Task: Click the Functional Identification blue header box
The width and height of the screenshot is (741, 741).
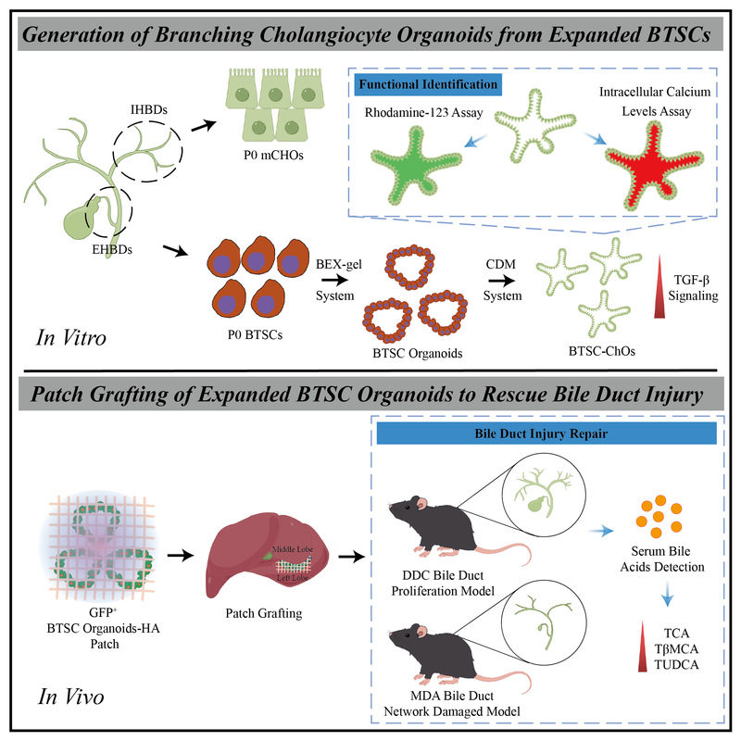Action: pyautogui.click(x=428, y=84)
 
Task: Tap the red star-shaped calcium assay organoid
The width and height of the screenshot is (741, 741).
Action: pyautogui.click(x=654, y=166)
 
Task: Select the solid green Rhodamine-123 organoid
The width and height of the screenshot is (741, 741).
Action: pyautogui.click(x=415, y=166)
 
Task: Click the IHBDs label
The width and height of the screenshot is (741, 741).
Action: pyautogui.click(x=149, y=109)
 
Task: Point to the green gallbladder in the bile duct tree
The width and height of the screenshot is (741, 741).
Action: pyautogui.click(x=81, y=220)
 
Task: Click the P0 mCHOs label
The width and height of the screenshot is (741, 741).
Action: pyautogui.click(x=273, y=155)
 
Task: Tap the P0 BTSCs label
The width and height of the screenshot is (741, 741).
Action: pyautogui.click(x=255, y=334)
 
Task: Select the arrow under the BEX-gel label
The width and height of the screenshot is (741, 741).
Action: pyautogui.click(x=334, y=280)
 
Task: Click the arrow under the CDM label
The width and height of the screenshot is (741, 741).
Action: pyautogui.click(x=502, y=281)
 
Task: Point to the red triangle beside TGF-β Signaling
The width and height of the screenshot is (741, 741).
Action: pyautogui.click(x=659, y=286)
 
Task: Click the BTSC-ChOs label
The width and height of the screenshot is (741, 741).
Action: pyautogui.click(x=601, y=351)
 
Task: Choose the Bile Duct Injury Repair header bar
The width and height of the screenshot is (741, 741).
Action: pyautogui.click(x=546, y=433)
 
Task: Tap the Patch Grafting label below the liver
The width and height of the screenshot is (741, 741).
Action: pyautogui.click(x=264, y=613)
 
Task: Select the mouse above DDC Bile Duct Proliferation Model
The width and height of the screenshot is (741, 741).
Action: pyautogui.click(x=456, y=529)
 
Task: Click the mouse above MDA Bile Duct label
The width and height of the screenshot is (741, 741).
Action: pyautogui.click(x=456, y=657)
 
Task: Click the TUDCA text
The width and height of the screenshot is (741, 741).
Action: pyautogui.click(x=676, y=664)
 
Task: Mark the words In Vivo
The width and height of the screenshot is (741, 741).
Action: pyautogui.click(x=71, y=697)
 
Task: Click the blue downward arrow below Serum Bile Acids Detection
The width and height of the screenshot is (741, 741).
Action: pyautogui.click(x=667, y=595)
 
